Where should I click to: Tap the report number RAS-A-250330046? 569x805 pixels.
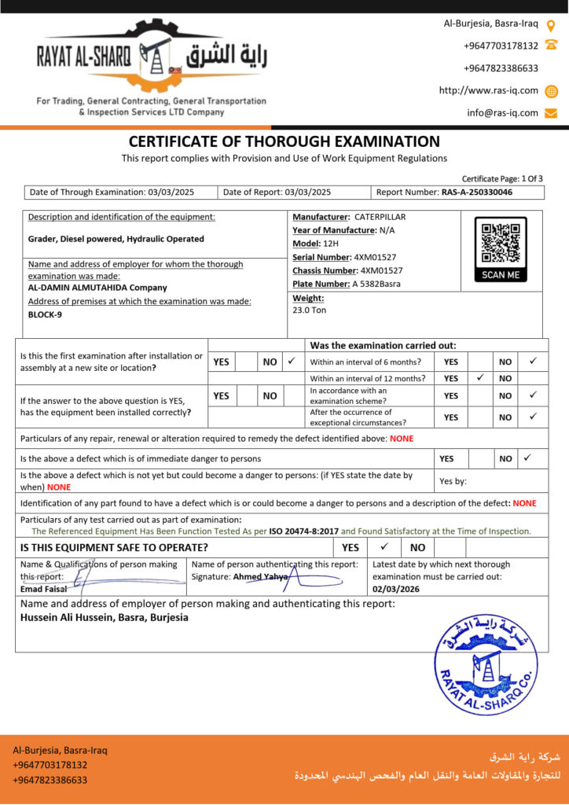click(477, 192)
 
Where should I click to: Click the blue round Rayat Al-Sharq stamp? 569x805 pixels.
click(485, 665)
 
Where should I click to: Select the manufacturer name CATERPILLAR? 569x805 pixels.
click(380, 216)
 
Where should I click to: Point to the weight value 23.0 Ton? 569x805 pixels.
click(309, 310)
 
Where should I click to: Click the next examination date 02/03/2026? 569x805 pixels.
click(398, 588)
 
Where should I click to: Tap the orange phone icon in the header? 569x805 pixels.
click(551, 46)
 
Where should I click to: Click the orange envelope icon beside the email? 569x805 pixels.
click(551, 112)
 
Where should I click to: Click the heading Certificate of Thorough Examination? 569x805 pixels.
click(284, 142)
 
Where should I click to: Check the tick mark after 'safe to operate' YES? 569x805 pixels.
click(384, 546)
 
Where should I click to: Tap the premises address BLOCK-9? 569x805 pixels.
click(45, 314)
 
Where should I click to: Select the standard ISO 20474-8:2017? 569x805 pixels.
click(303, 531)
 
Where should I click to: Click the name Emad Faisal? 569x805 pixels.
click(43, 588)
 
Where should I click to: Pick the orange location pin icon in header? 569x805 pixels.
click(551, 24)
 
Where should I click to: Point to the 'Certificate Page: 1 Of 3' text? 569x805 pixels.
click(501, 178)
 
